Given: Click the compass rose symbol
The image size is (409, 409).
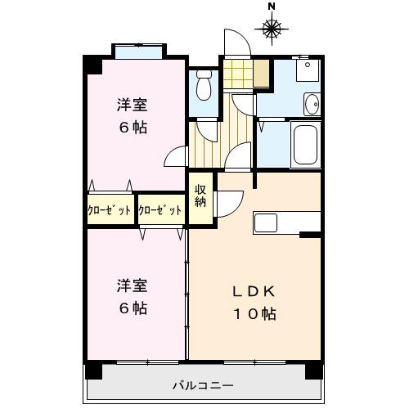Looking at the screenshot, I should (272, 30).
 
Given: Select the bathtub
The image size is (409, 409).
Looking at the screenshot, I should (307, 146).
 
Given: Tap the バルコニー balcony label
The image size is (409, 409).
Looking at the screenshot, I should (204, 384).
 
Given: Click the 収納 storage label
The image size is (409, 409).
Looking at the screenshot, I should (200, 198).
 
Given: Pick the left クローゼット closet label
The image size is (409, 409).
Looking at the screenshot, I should (110, 209).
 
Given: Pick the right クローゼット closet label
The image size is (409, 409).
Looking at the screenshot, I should (160, 209).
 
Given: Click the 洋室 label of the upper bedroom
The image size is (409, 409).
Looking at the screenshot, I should (131, 106).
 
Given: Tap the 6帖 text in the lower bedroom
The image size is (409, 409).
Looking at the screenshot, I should (131, 308).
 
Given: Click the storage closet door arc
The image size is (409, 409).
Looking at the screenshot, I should (228, 201).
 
